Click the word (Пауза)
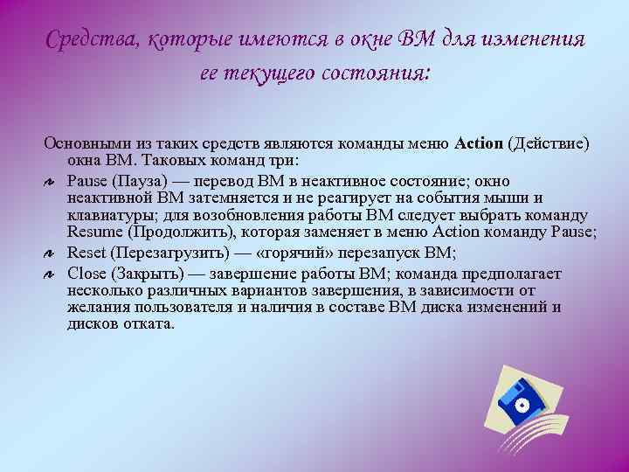[x=141, y=181]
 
